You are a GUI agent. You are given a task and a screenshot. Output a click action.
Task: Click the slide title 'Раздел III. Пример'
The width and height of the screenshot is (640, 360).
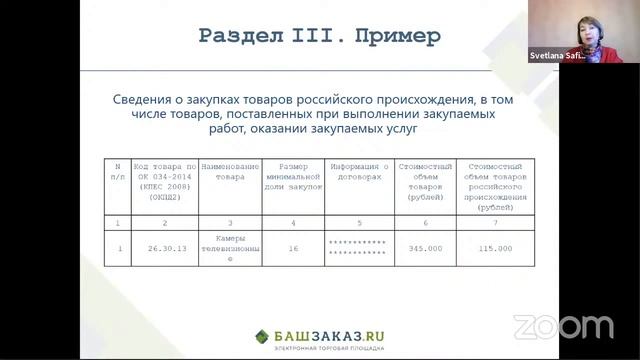319,37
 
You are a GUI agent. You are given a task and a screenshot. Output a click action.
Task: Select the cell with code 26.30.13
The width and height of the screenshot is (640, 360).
167,248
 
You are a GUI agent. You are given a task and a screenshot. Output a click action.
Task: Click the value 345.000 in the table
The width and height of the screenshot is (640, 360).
425,248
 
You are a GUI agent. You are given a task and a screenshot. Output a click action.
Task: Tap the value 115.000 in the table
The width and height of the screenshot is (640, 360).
495,248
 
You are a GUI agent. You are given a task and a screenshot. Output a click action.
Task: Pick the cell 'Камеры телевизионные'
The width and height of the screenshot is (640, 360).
230,248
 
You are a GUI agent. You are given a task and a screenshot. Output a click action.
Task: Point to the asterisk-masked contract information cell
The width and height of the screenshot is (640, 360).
358,248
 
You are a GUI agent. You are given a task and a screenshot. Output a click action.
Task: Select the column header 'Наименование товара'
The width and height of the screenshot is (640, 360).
230,171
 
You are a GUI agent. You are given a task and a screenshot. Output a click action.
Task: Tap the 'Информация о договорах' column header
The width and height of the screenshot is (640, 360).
358,171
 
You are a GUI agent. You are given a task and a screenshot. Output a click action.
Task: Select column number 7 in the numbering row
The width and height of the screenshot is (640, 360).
495,221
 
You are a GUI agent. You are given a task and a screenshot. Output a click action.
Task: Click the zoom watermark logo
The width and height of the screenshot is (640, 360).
563,326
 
